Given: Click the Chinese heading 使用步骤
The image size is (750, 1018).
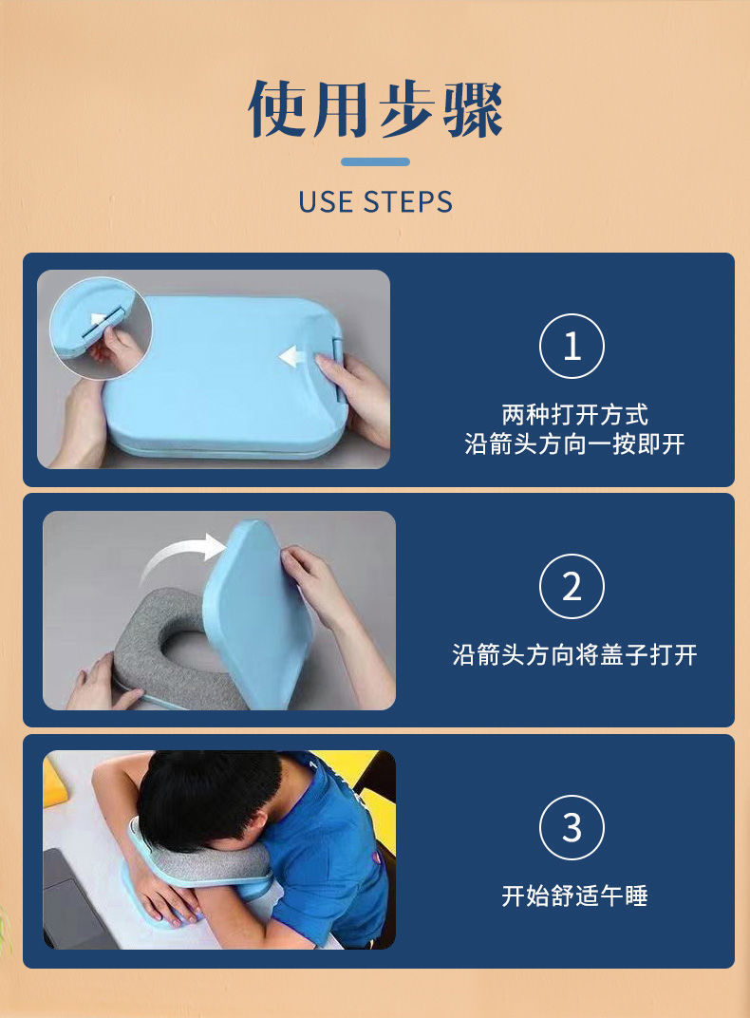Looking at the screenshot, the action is point(376,109).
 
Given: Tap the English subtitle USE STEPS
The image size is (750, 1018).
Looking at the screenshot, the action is point(376,202).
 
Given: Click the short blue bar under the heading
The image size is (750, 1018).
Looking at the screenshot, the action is point(376,161).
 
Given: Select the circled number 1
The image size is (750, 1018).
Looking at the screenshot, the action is point(572,346).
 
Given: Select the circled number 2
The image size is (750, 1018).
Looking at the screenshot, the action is point(572,586).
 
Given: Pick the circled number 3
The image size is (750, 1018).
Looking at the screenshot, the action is point(572,827).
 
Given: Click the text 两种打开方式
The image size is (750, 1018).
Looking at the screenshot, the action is point(574,414).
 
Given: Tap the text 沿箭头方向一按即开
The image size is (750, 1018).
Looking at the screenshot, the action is point(574,444).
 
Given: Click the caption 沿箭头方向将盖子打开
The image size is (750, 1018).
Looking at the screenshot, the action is point(574,655).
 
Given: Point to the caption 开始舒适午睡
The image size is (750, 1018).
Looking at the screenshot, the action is point(574,895).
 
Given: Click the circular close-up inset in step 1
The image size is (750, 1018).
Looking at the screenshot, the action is point(101,328).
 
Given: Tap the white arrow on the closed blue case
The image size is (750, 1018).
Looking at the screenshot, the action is point(292,356).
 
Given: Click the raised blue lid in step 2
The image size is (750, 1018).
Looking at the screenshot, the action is point(259,613).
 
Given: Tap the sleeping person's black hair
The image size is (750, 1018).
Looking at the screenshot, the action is point(208,796).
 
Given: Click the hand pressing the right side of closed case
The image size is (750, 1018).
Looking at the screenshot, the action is point(354,397).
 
